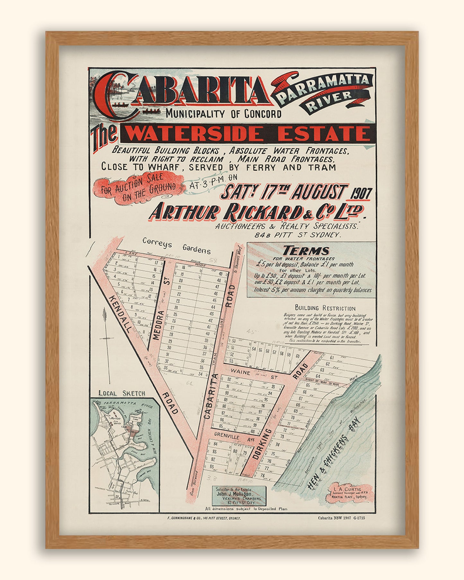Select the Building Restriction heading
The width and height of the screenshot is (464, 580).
tap(325, 308)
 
